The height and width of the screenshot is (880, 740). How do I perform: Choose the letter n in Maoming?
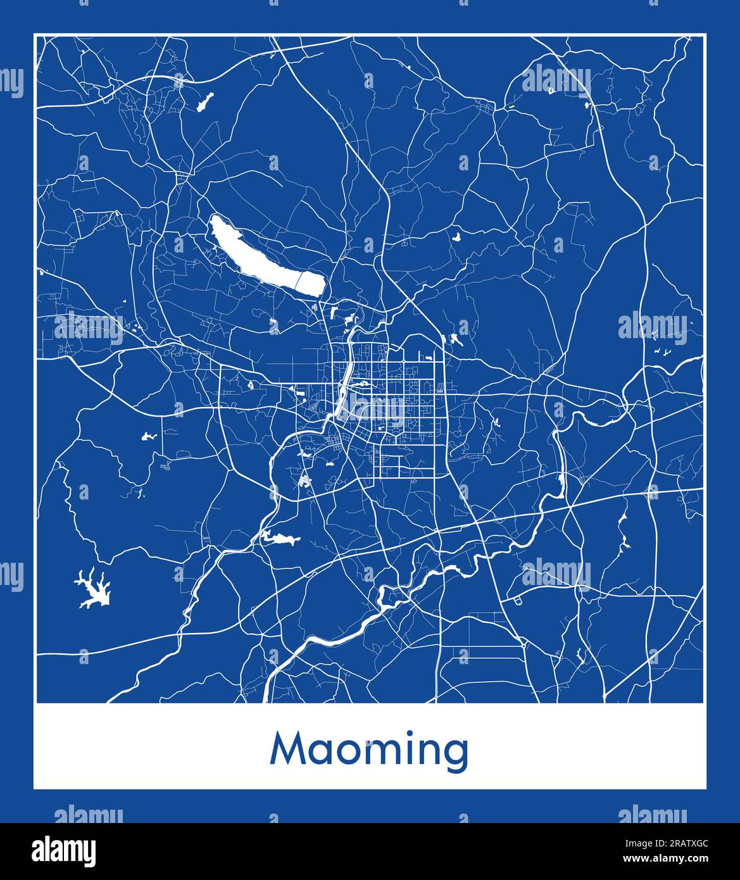click(x=429, y=752)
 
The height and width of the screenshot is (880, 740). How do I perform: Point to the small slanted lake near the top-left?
click(x=204, y=102)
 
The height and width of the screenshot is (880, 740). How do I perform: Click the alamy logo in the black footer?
click(x=63, y=850)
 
